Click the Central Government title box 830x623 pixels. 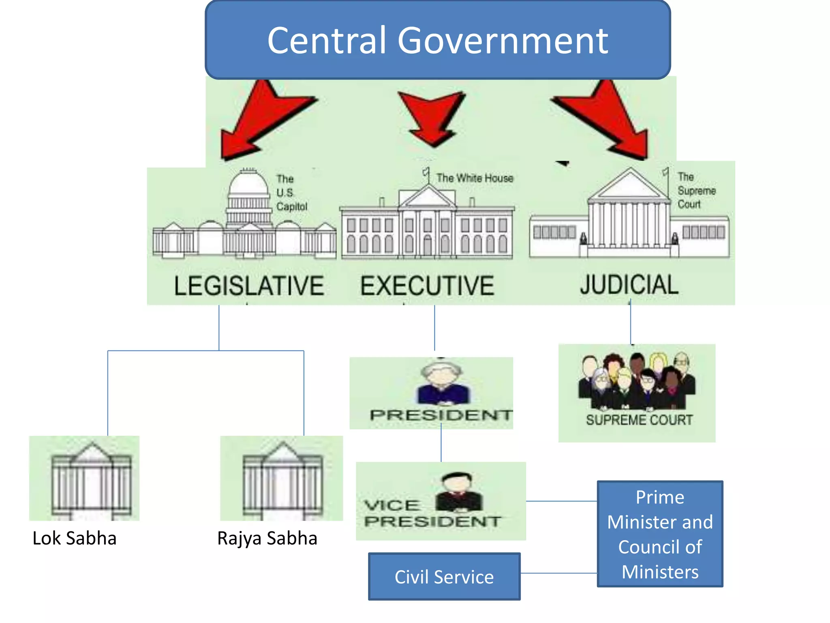coord(438,40)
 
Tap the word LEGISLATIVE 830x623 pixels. coord(249,286)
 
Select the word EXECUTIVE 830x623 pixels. coord(427,286)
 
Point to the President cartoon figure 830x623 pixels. coord(443,383)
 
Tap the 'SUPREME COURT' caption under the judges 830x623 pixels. coord(639,420)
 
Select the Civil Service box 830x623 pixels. coord(444,576)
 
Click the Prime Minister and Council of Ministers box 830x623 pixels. coord(660,534)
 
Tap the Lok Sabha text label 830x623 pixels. coord(75,538)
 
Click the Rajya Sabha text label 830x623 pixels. coord(267,538)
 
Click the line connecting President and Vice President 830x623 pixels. coord(441,445)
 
